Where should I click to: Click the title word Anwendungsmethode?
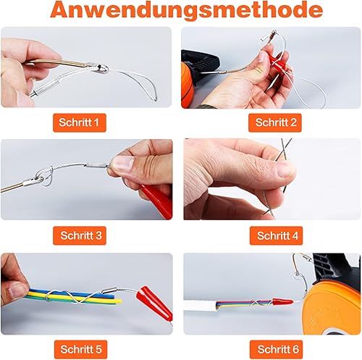(186, 10)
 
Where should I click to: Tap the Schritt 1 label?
(80, 122)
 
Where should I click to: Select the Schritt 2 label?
(275, 122)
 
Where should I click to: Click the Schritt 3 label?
(80, 235)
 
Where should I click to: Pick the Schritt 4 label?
(276, 235)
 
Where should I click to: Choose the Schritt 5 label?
(80, 349)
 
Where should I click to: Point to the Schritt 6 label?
(276, 349)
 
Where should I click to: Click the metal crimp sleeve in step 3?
(96, 166)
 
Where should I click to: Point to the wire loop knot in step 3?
(45, 177)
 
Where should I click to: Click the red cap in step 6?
(282, 301)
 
